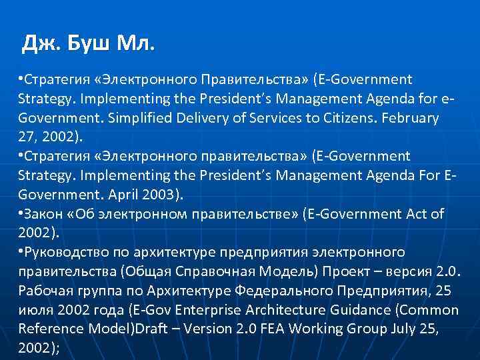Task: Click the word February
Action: click(408, 118)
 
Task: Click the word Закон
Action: click(45, 213)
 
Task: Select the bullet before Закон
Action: click(21, 213)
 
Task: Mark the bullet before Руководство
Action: click(21, 252)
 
